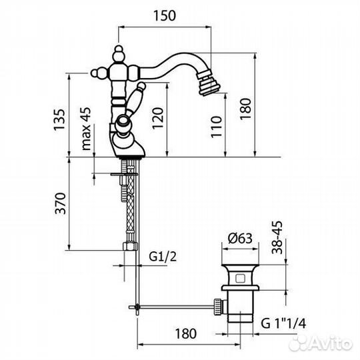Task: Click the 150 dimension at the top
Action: point(165,15)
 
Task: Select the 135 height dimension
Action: point(59,119)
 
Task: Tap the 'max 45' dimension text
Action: point(86,129)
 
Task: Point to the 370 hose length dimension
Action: point(61,203)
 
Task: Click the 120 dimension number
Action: point(158,118)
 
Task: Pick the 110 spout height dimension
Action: point(217,127)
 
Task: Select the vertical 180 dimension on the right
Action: point(245,109)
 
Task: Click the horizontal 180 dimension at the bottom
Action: point(186,333)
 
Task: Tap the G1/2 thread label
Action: point(163,257)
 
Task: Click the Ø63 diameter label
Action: point(240,238)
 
